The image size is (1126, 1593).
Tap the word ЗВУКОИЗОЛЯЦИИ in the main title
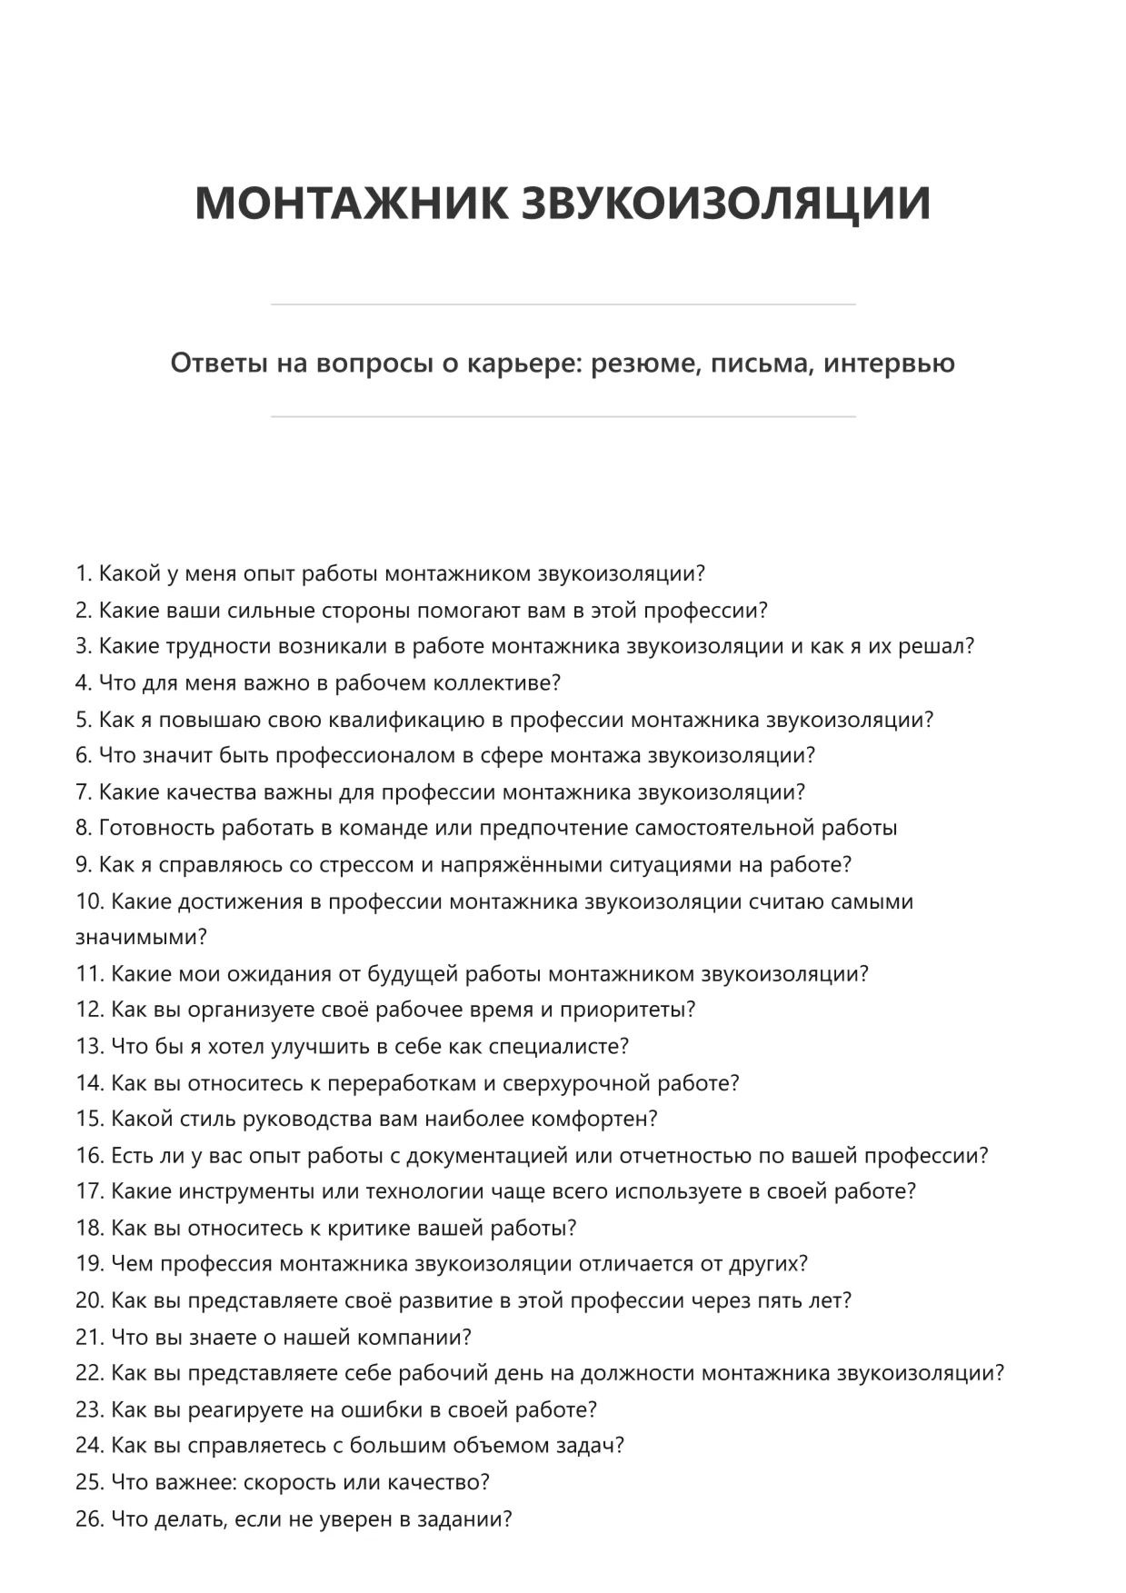726,202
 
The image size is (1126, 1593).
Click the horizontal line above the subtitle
563,304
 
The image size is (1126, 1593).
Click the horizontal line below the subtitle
563,416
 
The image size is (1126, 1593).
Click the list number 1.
84,573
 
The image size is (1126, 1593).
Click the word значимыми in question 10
141,936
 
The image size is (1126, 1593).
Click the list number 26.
89,1518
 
